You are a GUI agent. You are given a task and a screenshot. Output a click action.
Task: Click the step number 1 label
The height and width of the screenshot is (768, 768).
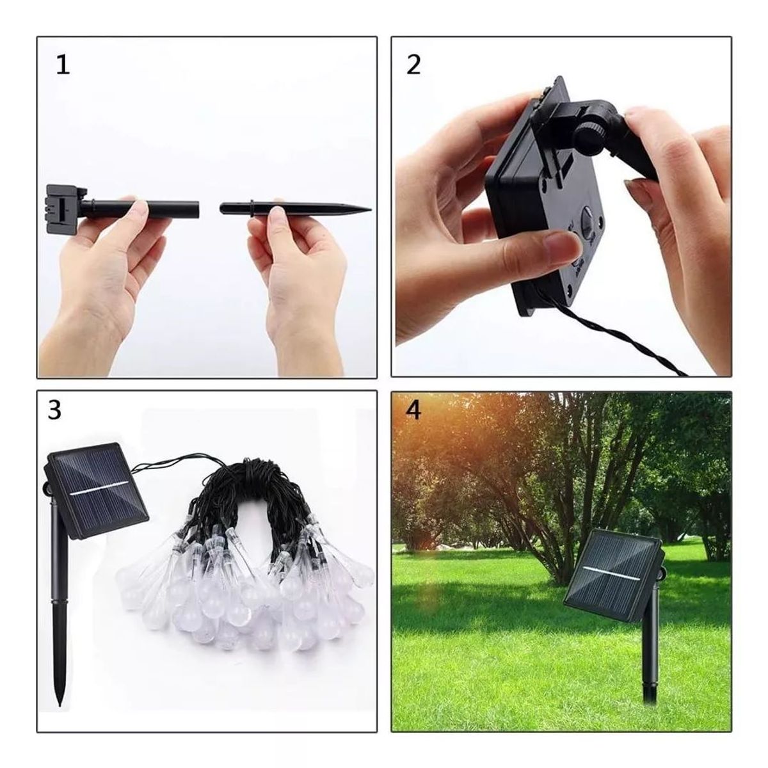pos(63,66)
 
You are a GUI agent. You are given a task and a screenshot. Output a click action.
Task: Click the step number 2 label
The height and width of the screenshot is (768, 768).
pos(414,65)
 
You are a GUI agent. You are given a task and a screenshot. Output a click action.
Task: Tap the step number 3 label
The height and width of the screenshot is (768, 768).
pos(55,410)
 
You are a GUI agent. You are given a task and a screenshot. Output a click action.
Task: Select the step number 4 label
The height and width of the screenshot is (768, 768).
pos(414,410)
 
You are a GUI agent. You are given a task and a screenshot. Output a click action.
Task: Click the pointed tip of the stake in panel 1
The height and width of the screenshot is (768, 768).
pos(368,209)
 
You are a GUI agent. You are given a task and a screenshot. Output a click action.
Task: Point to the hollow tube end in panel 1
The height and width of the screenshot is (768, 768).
pos(196,208)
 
